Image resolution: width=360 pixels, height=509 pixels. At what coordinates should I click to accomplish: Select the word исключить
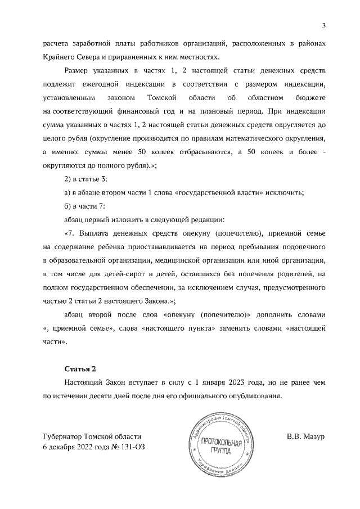click(284, 192)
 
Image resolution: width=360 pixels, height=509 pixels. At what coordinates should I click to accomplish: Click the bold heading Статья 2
click(81, 368)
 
